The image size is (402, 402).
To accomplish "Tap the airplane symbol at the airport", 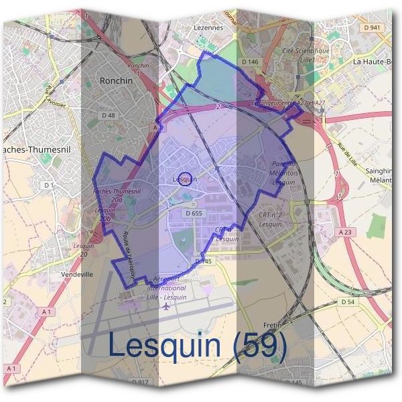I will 166,306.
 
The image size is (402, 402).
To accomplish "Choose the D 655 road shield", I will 193,213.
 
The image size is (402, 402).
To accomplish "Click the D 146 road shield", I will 249,62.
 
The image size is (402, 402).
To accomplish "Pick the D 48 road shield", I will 109,115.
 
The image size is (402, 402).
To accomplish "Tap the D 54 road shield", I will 347,302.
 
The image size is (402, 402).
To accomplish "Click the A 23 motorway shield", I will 345,232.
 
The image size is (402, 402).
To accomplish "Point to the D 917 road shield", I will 140,382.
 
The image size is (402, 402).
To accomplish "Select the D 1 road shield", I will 48,185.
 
